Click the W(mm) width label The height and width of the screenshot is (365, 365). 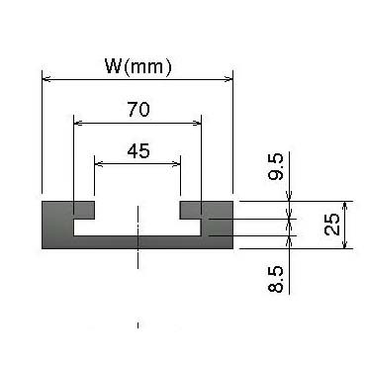click(x=138, y=67)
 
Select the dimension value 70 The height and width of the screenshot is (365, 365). click(x=138, y=110)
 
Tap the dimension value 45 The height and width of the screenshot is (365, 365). click(x=138, y=151)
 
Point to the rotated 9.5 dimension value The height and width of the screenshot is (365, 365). click(x=276, y=166)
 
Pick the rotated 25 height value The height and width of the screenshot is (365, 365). click(x=332, y=225)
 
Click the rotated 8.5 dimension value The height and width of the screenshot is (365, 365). click(x=276, y=279)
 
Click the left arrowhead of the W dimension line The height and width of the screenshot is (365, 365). click(x=46, y=79)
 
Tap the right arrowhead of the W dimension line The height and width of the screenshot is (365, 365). click(x=228, y=79)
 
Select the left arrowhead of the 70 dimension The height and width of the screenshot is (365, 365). click(x=77, y=124)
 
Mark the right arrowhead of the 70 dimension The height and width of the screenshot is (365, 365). click(x=197, y=124)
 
